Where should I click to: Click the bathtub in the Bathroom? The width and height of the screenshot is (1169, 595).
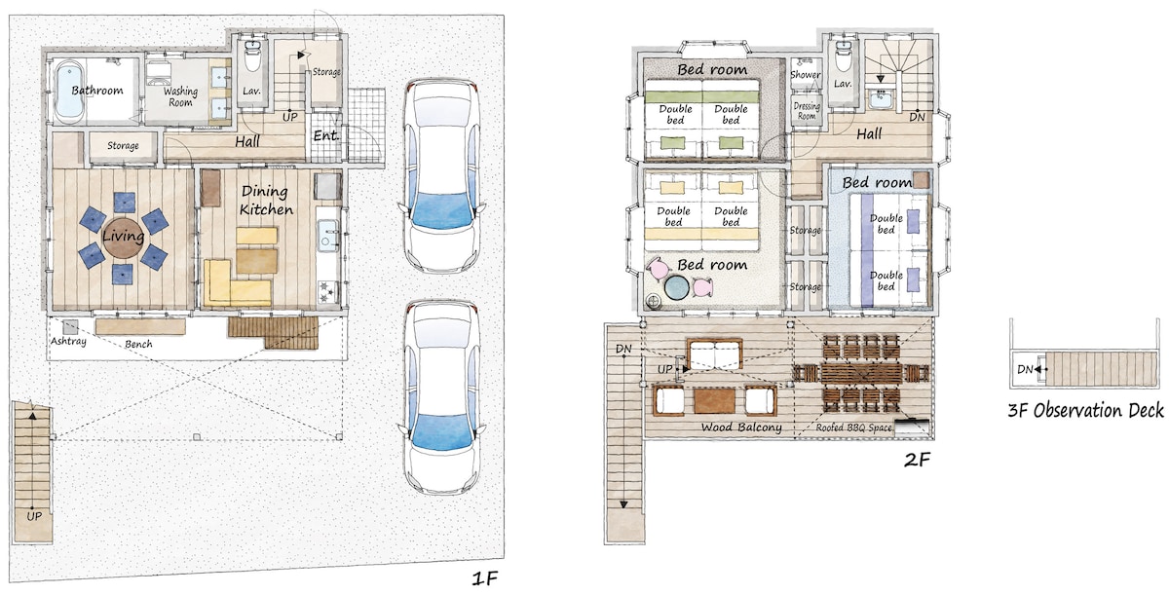(69, 92)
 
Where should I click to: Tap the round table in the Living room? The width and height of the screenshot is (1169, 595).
(124, 238)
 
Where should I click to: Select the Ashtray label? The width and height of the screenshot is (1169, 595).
(68, 341)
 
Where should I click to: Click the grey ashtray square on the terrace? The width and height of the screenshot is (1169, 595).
(70, 327)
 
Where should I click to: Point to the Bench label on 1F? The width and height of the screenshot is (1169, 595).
(138, 344)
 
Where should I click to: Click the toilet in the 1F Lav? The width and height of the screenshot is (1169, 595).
(252, 56)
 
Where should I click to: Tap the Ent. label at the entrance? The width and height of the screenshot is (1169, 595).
(325, 135)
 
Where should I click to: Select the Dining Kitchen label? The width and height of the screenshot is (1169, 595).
(266, 201)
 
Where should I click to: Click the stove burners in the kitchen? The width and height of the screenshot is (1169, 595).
(327, 291)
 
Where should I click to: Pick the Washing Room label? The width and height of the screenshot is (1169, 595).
(180, 97)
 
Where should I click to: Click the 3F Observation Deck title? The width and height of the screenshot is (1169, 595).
(1085, 410)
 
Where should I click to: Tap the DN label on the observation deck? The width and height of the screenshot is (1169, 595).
(1025, 369)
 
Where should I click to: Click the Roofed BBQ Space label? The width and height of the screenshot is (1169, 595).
(853, 428)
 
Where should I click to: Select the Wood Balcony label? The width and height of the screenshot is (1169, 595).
(741, 428)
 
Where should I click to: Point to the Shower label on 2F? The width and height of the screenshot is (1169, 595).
(806, 75)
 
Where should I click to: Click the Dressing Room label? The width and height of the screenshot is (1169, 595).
(807, 111)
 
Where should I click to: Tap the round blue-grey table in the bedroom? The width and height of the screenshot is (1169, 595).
(676, 287)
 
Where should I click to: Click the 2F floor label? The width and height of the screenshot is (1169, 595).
(917, 460)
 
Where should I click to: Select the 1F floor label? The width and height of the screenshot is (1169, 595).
(484, 578)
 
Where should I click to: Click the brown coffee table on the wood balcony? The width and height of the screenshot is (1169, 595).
(714, 400)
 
